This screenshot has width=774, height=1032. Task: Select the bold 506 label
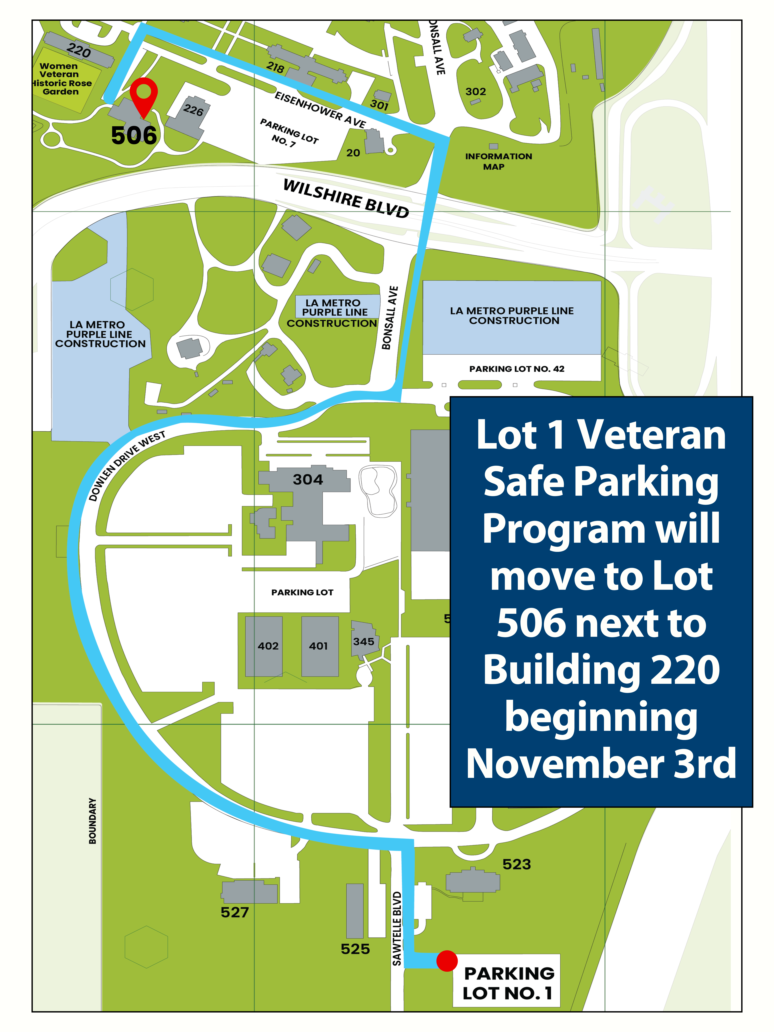point(134,135)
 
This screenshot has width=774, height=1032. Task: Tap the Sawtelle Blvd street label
point(397,928)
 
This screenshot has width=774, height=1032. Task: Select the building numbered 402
point(264,646)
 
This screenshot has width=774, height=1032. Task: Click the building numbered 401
point(320,646)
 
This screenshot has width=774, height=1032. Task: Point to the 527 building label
point(235,912)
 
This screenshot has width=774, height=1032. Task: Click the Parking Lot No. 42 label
point(516,369)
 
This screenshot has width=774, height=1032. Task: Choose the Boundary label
point(92,821)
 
